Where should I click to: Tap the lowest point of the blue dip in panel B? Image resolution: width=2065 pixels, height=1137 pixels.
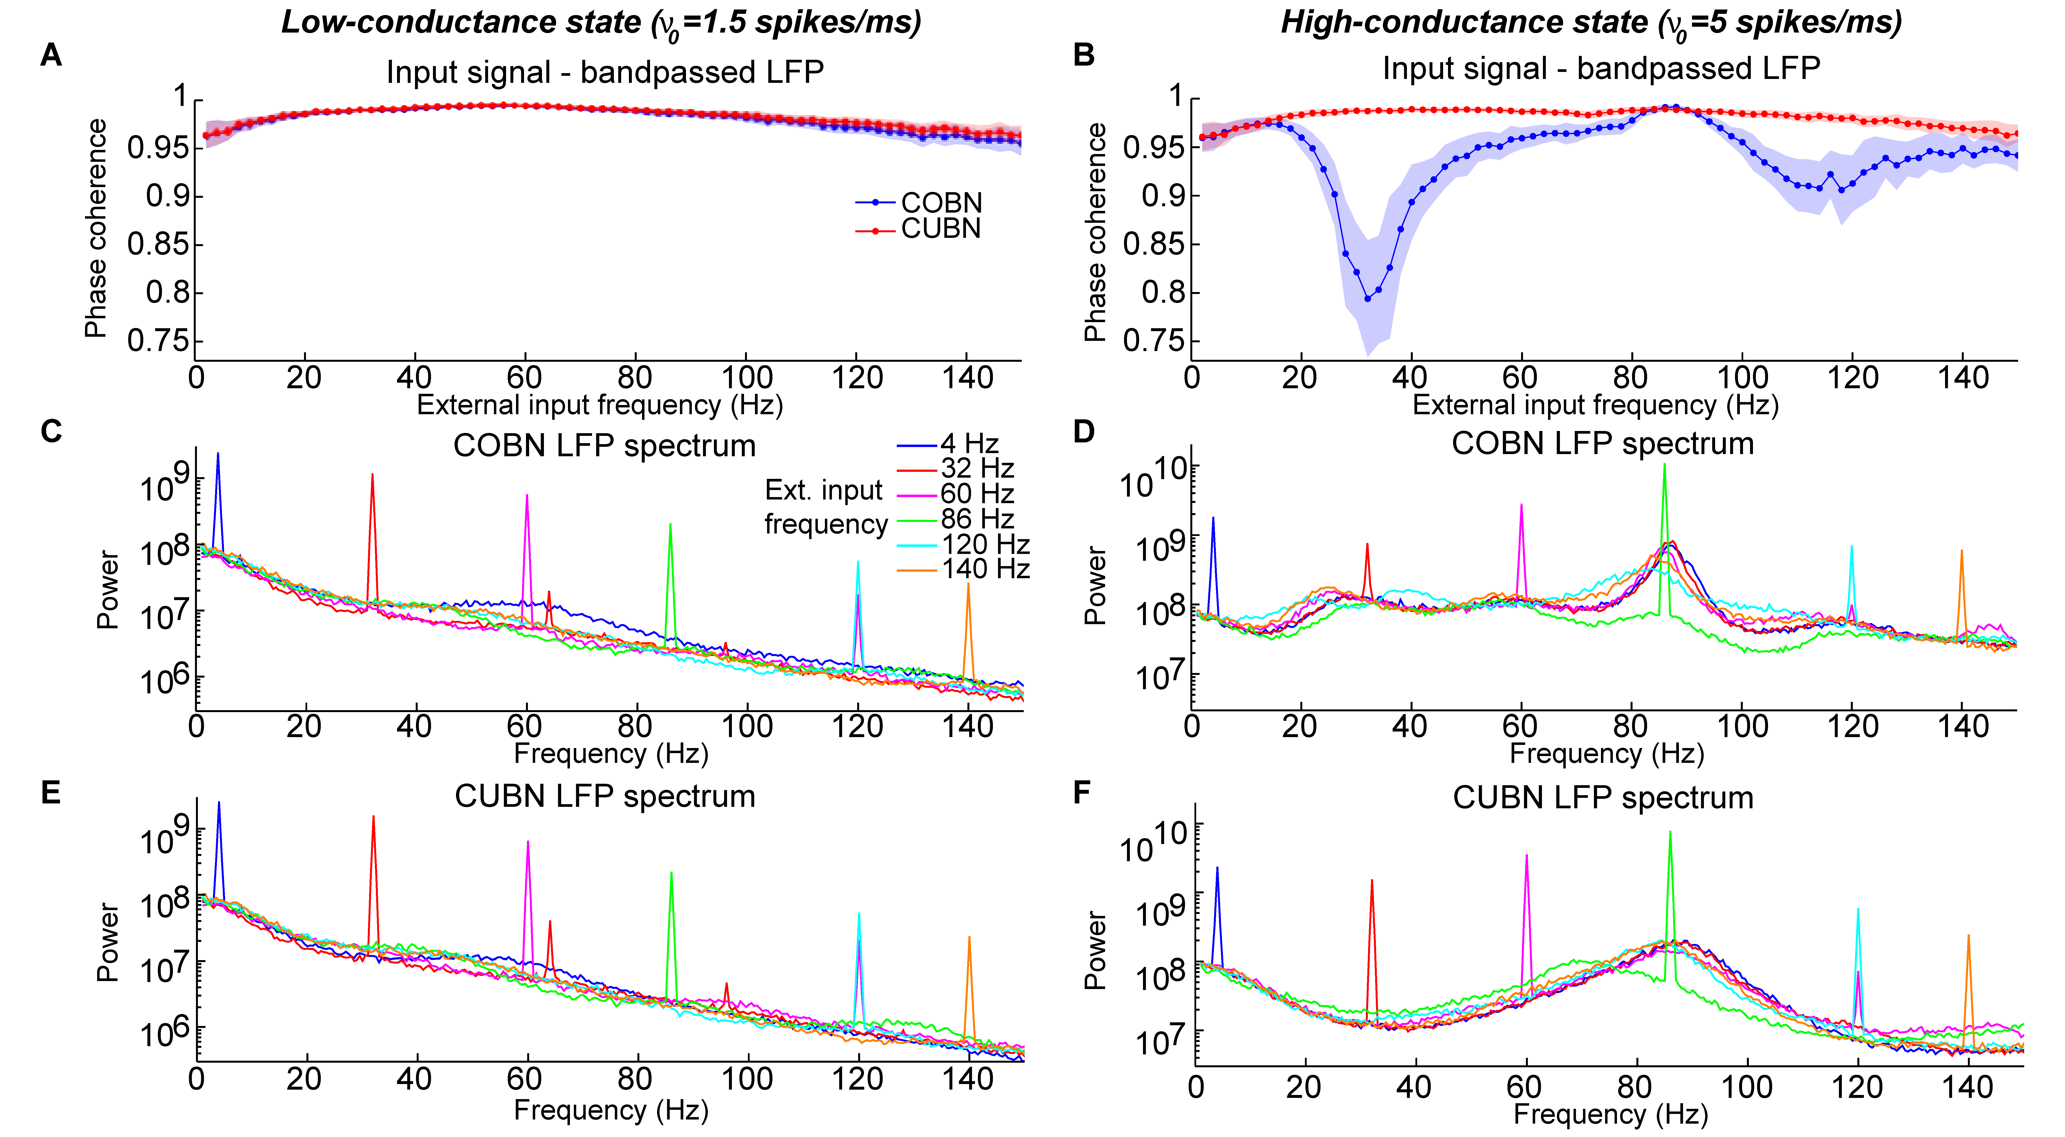[x=1368, y=299]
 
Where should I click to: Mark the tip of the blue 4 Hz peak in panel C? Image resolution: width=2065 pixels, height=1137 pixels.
[x=217, y=454]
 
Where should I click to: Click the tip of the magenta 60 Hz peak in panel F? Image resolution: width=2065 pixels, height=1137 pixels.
[x=1526, y=856]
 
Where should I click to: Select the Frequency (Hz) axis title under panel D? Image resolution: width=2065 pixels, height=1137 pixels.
[x=1607, y=754]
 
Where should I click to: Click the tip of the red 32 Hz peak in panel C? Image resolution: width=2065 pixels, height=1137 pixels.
[x=372, y=475]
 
